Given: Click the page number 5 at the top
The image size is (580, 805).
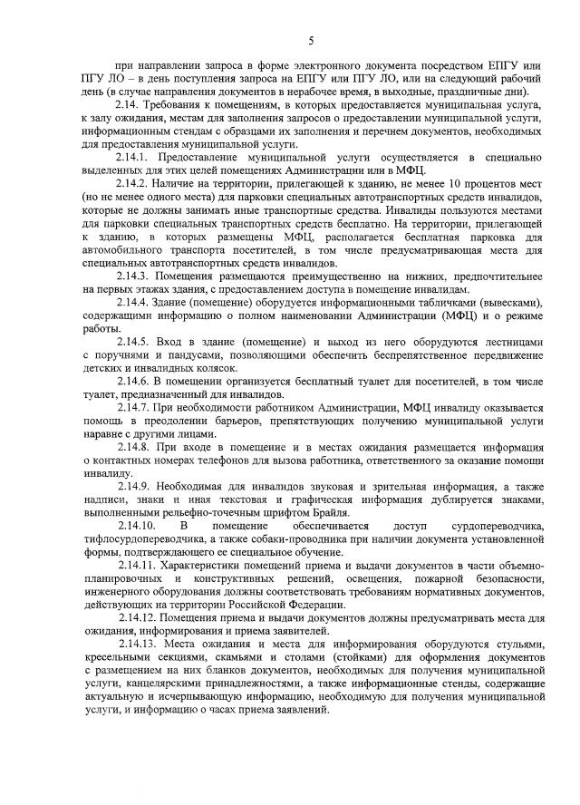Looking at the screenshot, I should coord(311,41).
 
